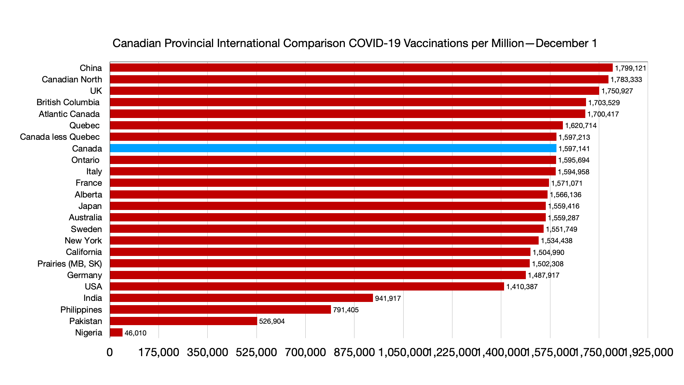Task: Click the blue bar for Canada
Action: click(333, 148)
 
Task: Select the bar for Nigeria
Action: click(116, 333)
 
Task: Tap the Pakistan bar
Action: click(183, 321)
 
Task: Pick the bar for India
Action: click(241, 298)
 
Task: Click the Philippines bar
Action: click(220, 309)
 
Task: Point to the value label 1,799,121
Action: click(630, 68)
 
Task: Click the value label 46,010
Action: click(135, 333)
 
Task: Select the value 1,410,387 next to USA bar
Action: click(522, 287)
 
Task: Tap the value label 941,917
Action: click(388, 298)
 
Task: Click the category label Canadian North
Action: click(72, 79)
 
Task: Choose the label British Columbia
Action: click(68, 102)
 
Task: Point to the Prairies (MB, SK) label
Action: click(69, 264)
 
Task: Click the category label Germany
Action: click(84, 275)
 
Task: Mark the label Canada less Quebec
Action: click(59, 137)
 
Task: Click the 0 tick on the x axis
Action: click(110, 352)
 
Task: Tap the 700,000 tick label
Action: click(305, 352)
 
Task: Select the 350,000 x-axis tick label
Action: click(207, 352)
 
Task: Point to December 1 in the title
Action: click(566, 43)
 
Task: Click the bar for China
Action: click(361, 68)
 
